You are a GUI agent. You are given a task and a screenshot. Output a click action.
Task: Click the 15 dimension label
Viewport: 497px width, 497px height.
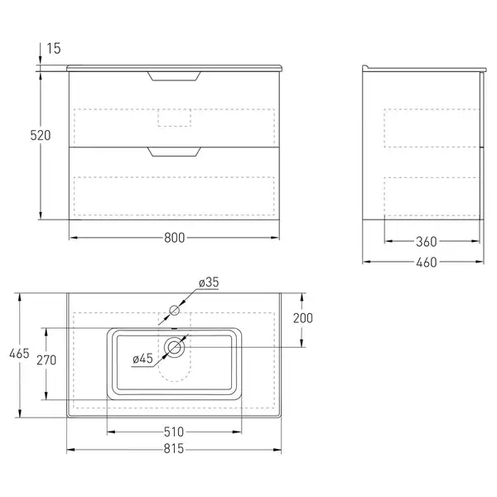pos(54,49)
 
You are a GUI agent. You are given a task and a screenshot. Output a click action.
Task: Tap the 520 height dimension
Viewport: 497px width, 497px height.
pos(41,135)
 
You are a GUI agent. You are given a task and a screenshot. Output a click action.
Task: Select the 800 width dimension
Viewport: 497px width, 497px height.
pos(174,238)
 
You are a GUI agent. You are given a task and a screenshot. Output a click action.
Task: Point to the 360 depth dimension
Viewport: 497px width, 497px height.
pos(427,242)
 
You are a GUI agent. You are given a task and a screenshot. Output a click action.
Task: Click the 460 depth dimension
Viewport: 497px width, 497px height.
pos(427,262)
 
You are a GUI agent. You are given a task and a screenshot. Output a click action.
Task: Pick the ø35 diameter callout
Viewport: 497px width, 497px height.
pos(209,282)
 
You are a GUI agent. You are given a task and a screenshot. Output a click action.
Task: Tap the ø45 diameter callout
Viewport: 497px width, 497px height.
pos(143,359)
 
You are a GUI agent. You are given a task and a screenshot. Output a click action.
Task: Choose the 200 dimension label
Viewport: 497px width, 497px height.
pos(302,318)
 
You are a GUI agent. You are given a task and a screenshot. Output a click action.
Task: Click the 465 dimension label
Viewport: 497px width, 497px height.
pos(19,354)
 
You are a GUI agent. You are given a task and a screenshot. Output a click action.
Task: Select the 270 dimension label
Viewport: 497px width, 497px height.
pos(46,360)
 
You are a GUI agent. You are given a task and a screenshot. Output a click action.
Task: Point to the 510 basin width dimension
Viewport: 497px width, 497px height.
pos(174,432)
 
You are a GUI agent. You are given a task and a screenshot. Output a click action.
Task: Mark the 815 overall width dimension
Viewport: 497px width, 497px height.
pos(174,448)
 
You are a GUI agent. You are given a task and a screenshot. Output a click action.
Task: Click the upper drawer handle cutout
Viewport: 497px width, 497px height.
pos(174,76)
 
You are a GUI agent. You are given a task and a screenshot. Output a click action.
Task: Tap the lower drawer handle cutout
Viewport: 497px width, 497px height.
pos(174,152)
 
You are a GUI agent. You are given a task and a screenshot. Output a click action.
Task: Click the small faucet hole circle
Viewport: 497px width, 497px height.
pos(174,311)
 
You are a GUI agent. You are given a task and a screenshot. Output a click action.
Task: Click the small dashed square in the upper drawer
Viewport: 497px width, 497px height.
pos(174,118)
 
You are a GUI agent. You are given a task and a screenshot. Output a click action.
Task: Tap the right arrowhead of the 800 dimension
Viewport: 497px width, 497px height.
pos(275,238)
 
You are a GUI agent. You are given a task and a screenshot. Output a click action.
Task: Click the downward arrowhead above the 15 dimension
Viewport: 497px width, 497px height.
pos(41,60)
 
